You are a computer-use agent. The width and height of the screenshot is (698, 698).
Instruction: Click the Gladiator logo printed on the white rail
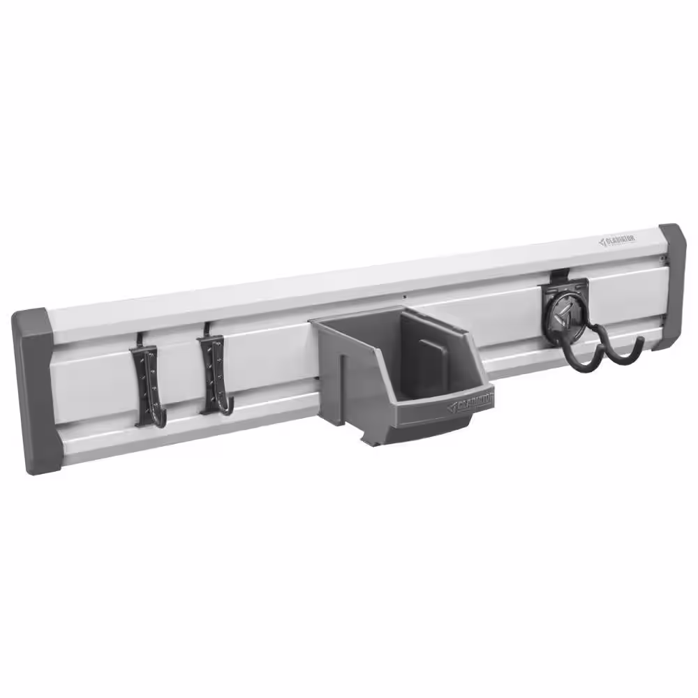click(617, 241)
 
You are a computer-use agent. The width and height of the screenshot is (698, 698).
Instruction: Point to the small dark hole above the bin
click(405, 298)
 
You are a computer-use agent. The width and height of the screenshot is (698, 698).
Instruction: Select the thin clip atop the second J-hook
click(207, 327)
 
